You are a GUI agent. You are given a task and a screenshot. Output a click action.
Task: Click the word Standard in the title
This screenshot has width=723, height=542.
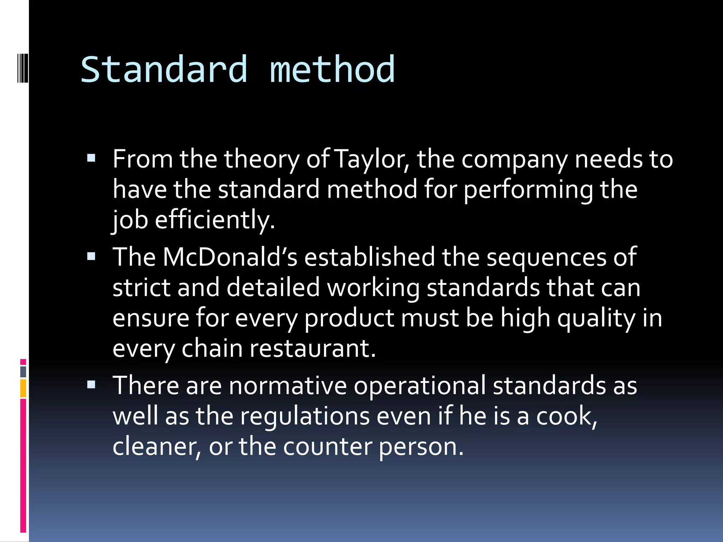(x=164, y=70)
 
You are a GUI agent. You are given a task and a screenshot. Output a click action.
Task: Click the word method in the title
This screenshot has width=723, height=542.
(x=332, y=70)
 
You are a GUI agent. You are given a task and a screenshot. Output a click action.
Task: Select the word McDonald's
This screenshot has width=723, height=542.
(x=230, y=257)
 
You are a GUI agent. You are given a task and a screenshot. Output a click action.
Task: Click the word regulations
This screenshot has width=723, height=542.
(x=305, y=416)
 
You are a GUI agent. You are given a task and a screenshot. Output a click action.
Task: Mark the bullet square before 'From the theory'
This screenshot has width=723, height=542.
(x=91, y=157)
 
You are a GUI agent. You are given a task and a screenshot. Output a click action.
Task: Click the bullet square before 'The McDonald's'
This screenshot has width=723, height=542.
(x=91, y=255)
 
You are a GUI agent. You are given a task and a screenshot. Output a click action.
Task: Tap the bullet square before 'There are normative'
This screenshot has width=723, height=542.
(x=91, y=384)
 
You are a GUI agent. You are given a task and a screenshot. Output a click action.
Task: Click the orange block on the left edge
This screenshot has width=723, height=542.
(x=23, y=388)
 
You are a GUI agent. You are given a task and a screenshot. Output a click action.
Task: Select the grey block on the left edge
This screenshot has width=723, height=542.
(x=23, y=372)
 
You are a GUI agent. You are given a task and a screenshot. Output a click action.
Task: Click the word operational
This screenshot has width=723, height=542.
(x=420, y=386)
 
